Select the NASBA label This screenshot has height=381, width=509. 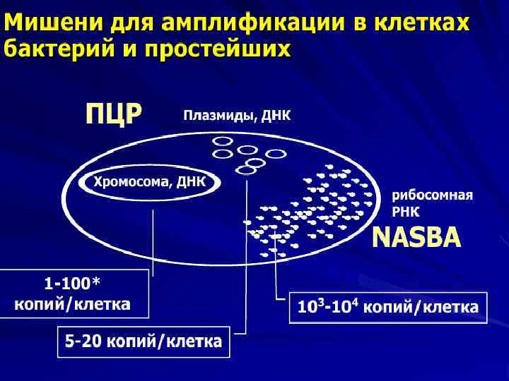[x=416, y=237]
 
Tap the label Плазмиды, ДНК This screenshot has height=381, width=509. [x=237, y=115]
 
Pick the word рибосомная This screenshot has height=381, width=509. [x=433, y=195]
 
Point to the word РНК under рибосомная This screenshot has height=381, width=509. [x=406, y=211]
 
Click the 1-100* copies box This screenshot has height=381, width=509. [x=74, y=294]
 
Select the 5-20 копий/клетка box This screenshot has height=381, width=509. [x=144, y=342]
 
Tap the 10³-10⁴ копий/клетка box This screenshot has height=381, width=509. [x=388, y=308]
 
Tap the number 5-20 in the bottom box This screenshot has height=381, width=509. [x=82, y=342]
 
